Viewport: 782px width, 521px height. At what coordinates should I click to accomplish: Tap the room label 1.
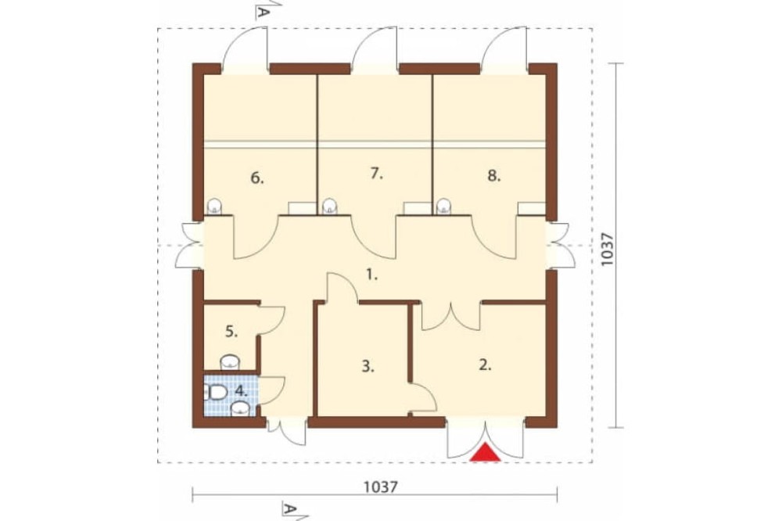click(x=372, y=274)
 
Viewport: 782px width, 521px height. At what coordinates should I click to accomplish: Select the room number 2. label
click(x=485, y=365)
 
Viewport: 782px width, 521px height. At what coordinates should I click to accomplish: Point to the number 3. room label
click(x=368, y=367)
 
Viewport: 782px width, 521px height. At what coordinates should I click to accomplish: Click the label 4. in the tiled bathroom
click(x=242, y=391)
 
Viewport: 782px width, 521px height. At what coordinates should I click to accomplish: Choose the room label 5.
click(x=231, y=331)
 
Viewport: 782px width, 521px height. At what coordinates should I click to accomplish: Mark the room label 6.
click(x=256, y=178)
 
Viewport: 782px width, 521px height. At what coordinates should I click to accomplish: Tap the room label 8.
click(x=493, y=176)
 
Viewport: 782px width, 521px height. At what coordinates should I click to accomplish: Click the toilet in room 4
click(x=215, y=392)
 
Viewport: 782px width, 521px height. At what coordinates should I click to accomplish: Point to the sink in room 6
click(x=214, y=207)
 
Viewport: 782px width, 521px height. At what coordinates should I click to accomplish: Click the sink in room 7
click(x=330, y=207)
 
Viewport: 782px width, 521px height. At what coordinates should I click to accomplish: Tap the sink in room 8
click(x=444, y=207)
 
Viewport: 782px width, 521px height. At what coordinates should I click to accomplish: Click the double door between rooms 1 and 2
click(x=451, y=317)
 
